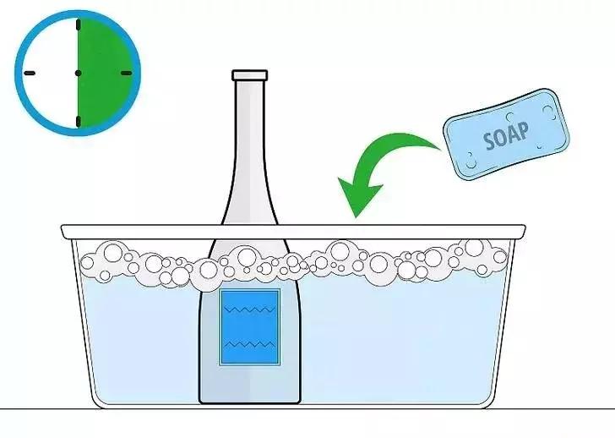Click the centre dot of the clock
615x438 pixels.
click(x=78, y=73)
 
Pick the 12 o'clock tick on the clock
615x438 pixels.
click(x=78, y=25)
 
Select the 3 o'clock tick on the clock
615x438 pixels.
click(x=127, y=73)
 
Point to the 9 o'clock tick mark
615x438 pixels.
click(x=30, y=73)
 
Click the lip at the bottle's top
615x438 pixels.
click(x=249, y=74)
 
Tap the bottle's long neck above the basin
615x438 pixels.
click(x=249, y=144)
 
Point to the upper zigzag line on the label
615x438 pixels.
click(x=249, y=310)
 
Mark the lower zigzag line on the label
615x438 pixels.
click(x=249, y=345)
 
